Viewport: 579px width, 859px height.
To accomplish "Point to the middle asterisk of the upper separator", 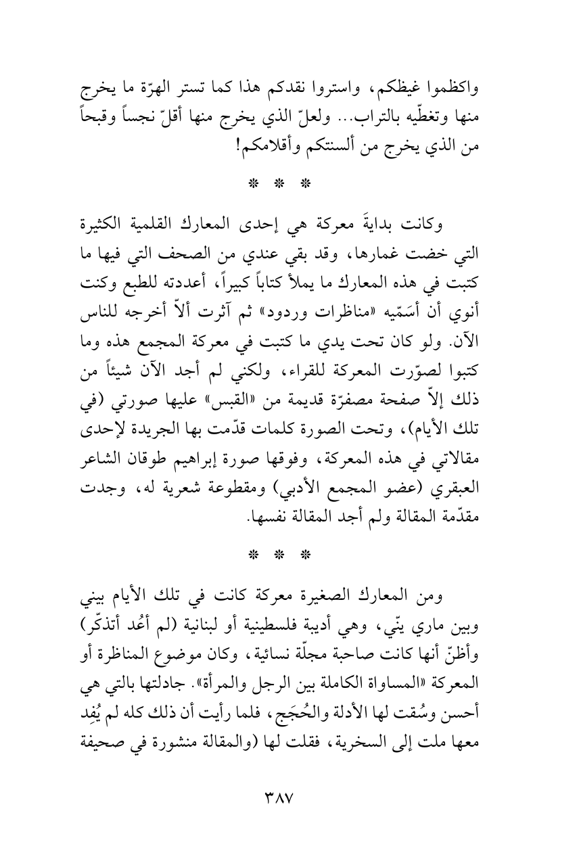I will point(289,183).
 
